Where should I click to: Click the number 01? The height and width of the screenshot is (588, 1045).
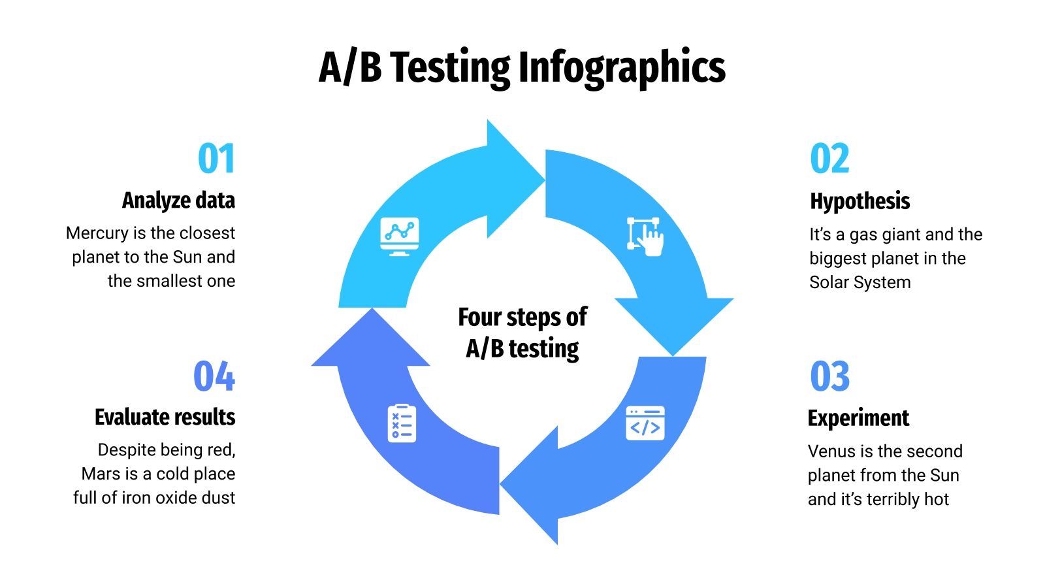tap(216, 159)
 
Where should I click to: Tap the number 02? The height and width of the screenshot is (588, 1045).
tap(829, 159)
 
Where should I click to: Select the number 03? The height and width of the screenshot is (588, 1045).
tap(829, 376)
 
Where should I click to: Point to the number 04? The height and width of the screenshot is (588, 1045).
tap(214, 376)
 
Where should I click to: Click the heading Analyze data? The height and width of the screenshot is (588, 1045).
tap(178, 201)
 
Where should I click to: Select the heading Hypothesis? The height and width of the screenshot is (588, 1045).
tap(860, 201)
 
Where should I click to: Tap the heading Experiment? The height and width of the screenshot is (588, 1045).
tap(858, 418)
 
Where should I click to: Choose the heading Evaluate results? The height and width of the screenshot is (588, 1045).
tap(165, 417)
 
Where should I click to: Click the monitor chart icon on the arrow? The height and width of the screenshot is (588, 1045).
tap(399, 236)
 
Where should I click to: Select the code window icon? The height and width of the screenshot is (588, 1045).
tap(645, 423)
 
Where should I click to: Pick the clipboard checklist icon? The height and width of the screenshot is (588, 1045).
tap(402, 423)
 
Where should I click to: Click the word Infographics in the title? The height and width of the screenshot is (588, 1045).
tap(622, 67)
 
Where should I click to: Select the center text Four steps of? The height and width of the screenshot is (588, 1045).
tap(522, 318)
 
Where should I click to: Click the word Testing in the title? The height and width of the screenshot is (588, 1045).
tap(450, 67)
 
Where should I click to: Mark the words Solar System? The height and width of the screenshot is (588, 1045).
tap(860, 282)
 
